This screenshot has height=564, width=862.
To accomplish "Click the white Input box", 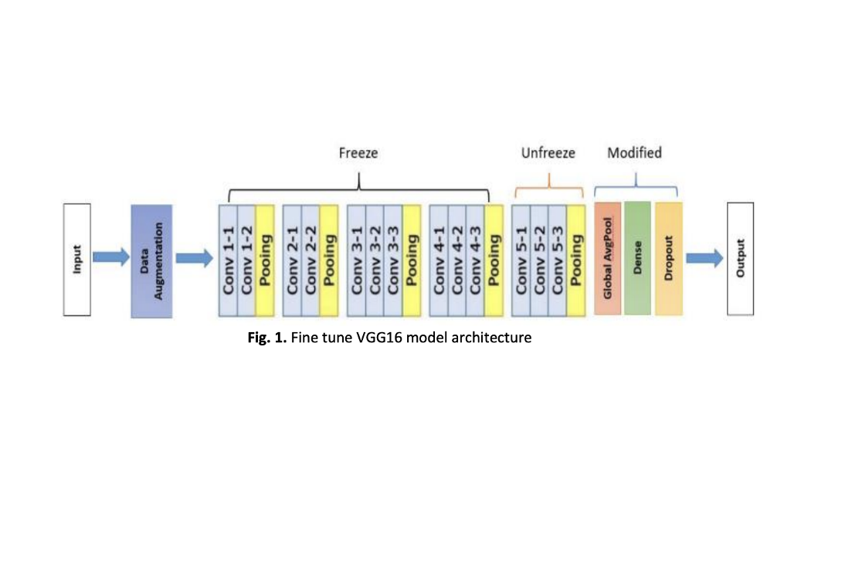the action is click(x=77, y=260).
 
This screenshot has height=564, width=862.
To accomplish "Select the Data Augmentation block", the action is click(x=151, y=261).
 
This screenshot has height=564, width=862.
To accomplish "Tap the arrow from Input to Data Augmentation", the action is click(x=111, y=257).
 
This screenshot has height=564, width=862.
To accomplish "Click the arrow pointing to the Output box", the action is click(x=704, y=258).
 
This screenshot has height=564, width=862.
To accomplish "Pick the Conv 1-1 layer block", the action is click(x=228, y=260).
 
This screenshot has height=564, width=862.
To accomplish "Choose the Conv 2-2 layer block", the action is click(x=311, y=260).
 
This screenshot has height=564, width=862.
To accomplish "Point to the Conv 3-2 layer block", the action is click(x=375, y=260).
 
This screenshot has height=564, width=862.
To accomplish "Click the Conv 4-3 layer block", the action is click(x=475, y=260).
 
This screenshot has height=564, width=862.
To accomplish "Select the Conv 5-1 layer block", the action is click(x=521, y=260).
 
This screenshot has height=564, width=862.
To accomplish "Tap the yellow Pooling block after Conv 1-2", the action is click(x=265, y=260).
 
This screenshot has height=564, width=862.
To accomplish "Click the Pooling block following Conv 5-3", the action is click(x=575, y=260).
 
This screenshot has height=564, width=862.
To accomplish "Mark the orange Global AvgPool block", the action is click(x=607, y=258).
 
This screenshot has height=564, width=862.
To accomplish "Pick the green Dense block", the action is click(x=638, y=258).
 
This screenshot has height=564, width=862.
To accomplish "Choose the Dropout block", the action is click(x=668, y=258).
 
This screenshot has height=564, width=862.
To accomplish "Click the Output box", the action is click(x=741, y=258).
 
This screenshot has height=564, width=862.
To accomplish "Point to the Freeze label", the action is click(x=358, y=153).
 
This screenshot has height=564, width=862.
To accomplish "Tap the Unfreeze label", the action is click(x=548, y=153).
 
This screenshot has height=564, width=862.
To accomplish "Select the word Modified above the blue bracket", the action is click(x=634, y=153).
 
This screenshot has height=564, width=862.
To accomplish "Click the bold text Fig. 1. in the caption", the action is click(x=267, y=338).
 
